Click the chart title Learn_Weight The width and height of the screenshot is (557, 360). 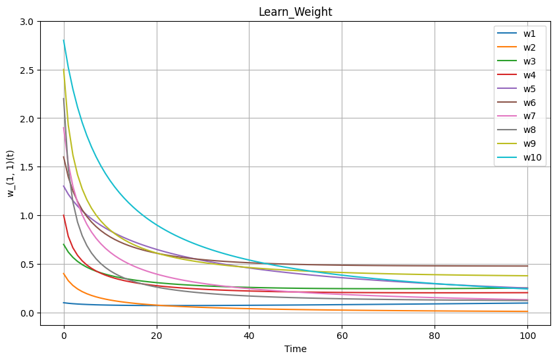[295, 12]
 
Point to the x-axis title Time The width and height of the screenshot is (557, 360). [295, 349]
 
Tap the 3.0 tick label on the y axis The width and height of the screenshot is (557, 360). [26, 22]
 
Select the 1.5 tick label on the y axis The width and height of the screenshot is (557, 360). [26, 167]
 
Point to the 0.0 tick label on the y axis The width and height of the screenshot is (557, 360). [26, 313]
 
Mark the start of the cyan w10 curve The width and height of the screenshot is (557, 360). [64, 41]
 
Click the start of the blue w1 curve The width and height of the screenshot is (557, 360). [64, 303]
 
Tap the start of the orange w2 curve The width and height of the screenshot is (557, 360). [64, 274]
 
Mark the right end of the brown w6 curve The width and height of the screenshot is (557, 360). [527, 266]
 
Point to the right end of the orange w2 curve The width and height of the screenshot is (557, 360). [527, 311]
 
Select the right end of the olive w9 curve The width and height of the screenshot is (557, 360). [527, 276]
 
